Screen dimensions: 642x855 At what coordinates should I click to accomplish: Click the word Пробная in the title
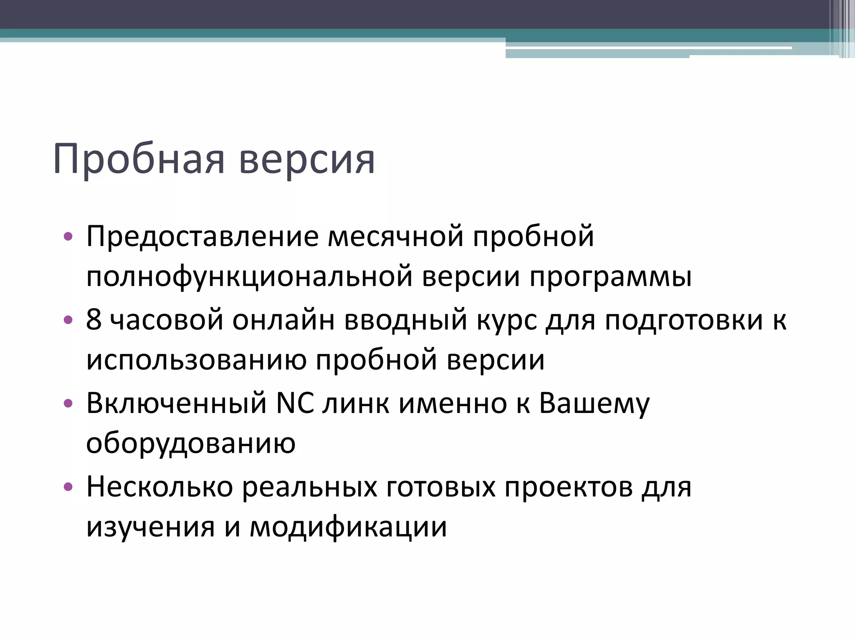point(139,160)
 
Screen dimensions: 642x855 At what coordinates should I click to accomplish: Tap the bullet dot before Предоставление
point(68,237)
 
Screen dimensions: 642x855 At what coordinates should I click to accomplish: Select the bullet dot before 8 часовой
point(68,320)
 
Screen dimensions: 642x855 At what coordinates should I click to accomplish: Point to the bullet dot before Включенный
point(68,403)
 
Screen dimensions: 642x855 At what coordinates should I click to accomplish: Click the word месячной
point(395,237)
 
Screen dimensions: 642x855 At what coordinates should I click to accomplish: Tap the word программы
point(610,277)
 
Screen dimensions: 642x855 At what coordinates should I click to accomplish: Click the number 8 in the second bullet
point(94,320)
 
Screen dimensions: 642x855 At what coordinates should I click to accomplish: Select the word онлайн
point(283,320)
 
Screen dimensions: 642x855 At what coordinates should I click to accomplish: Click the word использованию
point(196,360)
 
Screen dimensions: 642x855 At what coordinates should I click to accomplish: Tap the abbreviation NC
point(296,403)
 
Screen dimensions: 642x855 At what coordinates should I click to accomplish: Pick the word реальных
point(309,487)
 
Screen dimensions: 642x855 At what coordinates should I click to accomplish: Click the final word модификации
point(348,527)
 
